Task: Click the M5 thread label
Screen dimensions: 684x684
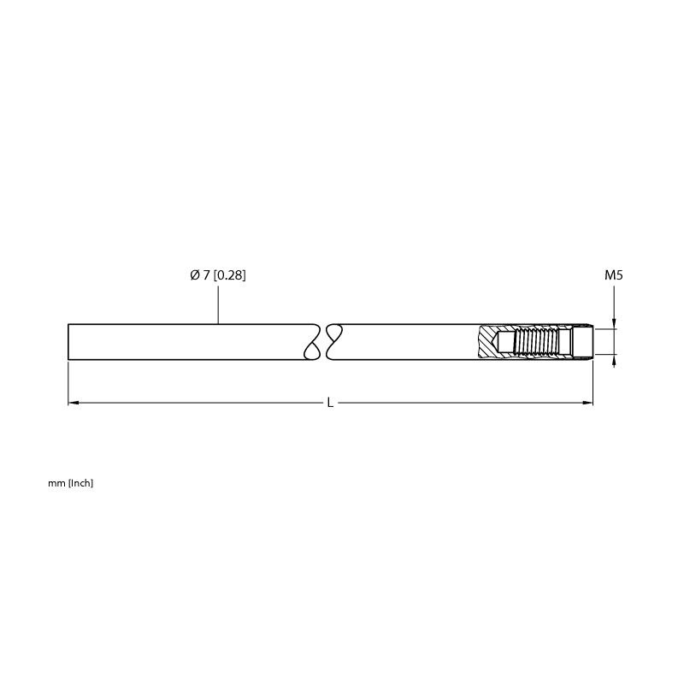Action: point(613,275)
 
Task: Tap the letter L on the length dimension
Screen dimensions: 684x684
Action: point(330,403)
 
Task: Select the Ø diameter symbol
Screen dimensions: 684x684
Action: point(195,275)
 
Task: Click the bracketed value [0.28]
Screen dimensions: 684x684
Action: point(229,275)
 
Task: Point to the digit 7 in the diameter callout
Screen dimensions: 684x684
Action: point(206,275)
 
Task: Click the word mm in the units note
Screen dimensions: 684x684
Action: point(56,483)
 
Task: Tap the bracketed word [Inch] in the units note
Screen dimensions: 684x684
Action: point(80,483)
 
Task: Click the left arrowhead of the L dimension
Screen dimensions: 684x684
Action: point(74,403)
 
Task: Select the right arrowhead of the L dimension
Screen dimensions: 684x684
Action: point(587,403)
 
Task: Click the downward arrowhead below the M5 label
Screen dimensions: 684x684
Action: point(614,323)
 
